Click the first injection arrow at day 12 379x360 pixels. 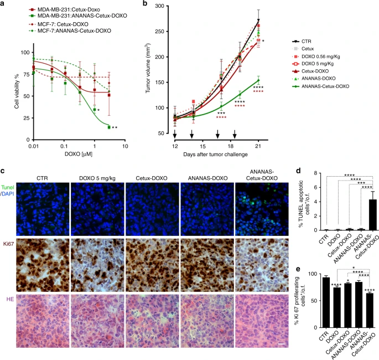click(x=174, y=135)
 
